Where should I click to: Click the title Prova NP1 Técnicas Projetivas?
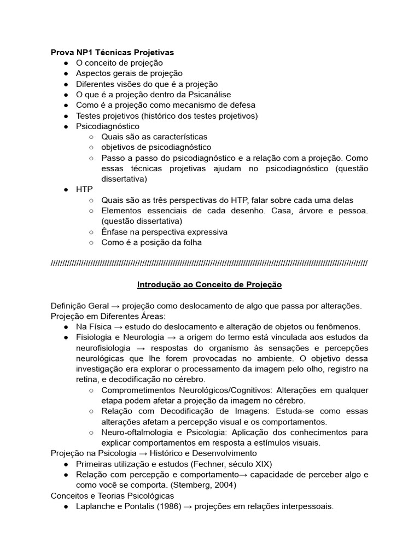pos(112,52)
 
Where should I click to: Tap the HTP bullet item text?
pos(84,189)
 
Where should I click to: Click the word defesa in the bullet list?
pos(242,105)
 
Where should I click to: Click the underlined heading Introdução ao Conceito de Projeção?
pos(209,285)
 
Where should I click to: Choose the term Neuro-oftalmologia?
pos(135,432)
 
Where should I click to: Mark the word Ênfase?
pos(114,232)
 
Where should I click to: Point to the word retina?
pos(87,380)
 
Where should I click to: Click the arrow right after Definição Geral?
pos(115,306)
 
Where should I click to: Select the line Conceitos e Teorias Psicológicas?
pos(112,495)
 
